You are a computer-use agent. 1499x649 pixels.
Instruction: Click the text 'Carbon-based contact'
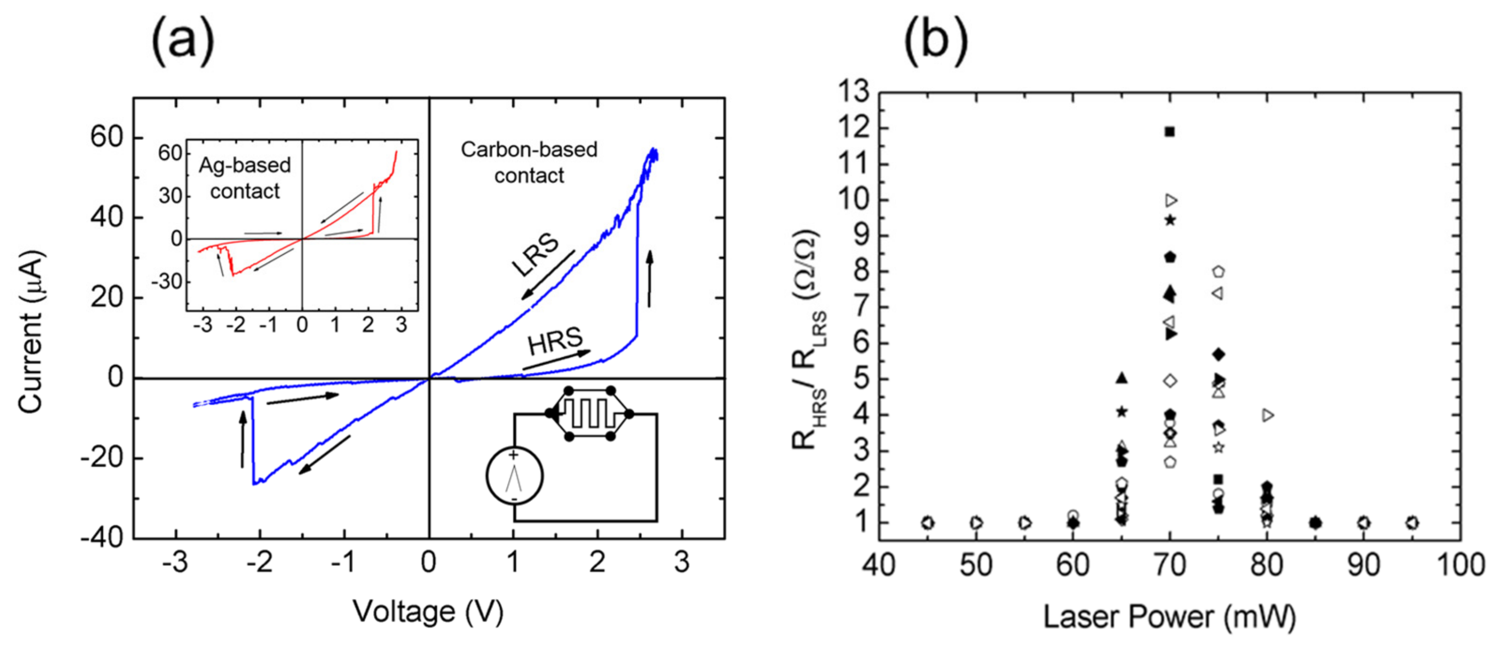[x=529, y=162]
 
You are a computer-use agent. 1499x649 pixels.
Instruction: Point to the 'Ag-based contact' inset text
[x=244, y=178]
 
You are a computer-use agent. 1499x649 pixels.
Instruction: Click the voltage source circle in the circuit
[x=515, y=476]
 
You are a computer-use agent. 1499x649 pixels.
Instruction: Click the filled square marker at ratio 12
[x=1170, y=132]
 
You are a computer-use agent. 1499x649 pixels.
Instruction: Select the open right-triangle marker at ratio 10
[x=1171, y=200]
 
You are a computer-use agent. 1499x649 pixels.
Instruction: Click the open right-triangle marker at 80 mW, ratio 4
[x=1268, y=415]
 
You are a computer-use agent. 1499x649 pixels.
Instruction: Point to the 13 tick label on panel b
[x=853, y=92]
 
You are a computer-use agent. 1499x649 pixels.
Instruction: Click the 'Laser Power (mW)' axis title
[x=1170, y=617]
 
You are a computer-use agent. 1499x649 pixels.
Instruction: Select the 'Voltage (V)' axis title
[x=428, y=612]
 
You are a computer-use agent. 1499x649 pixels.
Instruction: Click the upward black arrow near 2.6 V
[x=650, y=279]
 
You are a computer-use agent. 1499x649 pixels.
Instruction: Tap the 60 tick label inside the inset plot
[x=171, y=154]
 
